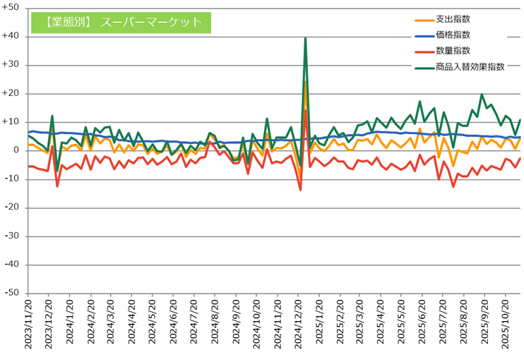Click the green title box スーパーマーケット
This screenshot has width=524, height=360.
click(121, 22)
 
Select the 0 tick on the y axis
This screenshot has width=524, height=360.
click(17, 150)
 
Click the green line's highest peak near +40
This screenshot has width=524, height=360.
click(305, 38)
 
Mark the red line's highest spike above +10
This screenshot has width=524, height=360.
click(305, 110)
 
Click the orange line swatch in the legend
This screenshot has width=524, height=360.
click(423, 20)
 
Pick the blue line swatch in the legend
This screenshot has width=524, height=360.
click(423, 35)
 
